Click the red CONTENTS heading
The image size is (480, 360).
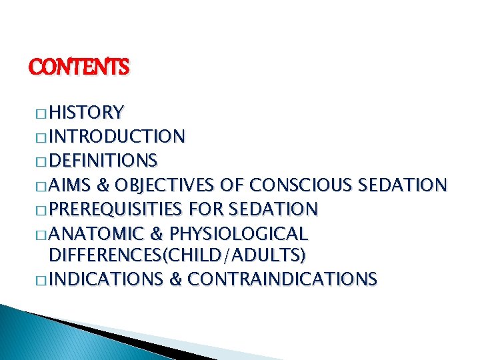[79, 67]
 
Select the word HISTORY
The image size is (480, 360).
[86, 111]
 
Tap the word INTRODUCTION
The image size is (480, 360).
[117, 137]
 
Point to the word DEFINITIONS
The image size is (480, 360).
[103, 161]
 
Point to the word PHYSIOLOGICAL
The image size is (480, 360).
[239, 234]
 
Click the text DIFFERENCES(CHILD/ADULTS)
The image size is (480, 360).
[177, 255]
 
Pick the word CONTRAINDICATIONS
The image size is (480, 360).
[282, 279]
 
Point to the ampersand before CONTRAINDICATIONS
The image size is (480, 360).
[176, 279]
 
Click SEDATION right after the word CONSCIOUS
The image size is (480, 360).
[402, 185]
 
